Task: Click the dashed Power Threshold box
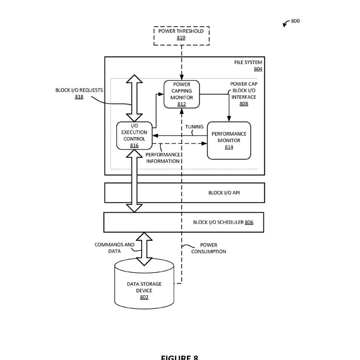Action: (x=181, y=35)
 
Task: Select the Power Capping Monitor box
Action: (x=181, y=94)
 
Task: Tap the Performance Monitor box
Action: (x=229, y=140)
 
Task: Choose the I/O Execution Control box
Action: (x=135, y=135)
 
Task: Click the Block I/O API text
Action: (x=224, y=193)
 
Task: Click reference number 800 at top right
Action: (x=295, y=21)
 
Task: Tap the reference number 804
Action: (x=258, y=69)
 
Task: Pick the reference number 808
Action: (x=244, y=104)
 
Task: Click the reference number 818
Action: (x=79, y=97)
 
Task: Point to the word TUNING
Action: (x=194, y=127)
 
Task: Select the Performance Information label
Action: (x=163, y=158)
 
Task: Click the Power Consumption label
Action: (x=209, y=248)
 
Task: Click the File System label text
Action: (x=248, y=62)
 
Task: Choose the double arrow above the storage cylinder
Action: (x=144, y=249)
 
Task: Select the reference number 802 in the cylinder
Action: (x=144, y=297)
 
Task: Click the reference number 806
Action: (x=249, y=222)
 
